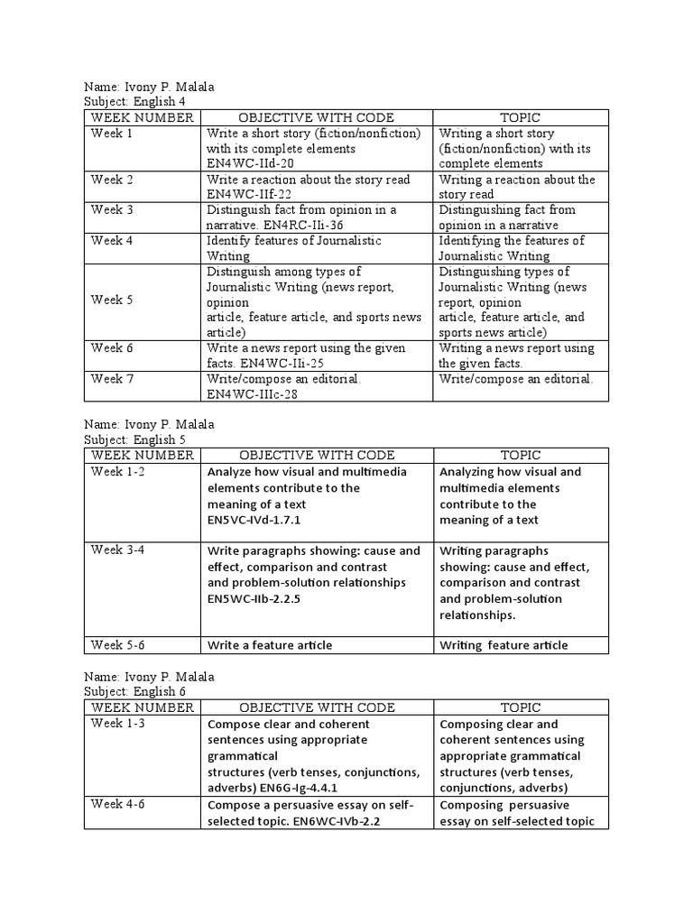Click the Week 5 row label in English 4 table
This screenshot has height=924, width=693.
click(x=112, y=300)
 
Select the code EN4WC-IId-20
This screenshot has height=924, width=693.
click(x=249, y=163)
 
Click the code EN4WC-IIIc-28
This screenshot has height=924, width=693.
click(x=252, y=394)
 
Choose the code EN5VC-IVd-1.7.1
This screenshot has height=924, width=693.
click(x=254, y=521)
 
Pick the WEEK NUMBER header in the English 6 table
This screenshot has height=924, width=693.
click(x=142, y=707)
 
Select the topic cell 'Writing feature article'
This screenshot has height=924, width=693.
click(x=504, y=645)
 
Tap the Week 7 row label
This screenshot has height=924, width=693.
click(x=112, y=379)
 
